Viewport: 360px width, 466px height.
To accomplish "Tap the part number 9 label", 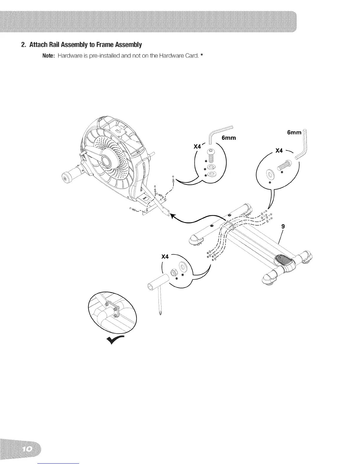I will pyautogui.click(x=283, y=226).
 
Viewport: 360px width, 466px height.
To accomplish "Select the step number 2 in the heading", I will pyautogui.click(x=23, y=45).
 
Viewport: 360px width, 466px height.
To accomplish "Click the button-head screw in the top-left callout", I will pyautogui.click(x=210, y=155).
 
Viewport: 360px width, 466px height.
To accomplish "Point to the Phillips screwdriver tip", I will pyautogui.click(x=161, y=312).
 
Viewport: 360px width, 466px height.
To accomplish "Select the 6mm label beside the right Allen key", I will pyautogui.click(x=294, y=133).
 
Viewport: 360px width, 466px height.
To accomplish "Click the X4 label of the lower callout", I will pyautogui.click(x=165, y=257).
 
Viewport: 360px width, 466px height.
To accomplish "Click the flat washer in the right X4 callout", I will pyautogui.click(x=269, y=174).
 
